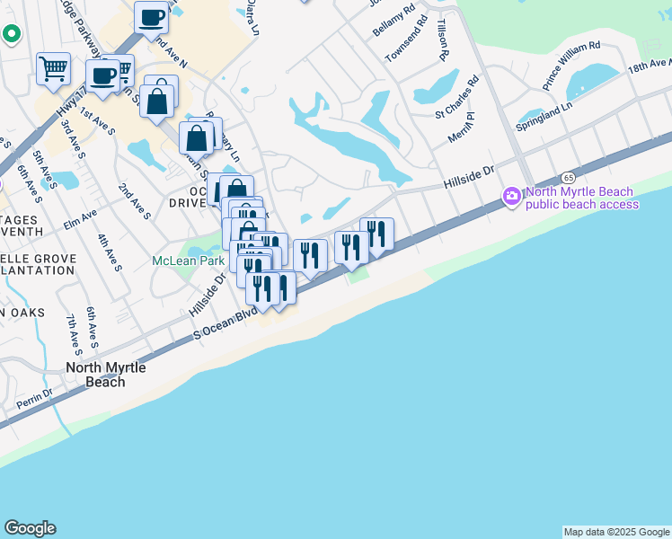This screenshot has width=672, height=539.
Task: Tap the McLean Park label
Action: pos(187,261)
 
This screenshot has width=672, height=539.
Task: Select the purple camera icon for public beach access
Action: pos(512,195)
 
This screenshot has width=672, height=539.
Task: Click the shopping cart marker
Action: pos(53,68)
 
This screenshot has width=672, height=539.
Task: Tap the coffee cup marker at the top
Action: pos(152,17)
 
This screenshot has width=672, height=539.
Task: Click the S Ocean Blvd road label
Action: pos(225,325)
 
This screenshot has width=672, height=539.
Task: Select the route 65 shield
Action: pos(570,178)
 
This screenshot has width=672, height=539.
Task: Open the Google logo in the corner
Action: pos(30,528)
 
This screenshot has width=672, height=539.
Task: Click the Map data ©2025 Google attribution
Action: pos(616,532)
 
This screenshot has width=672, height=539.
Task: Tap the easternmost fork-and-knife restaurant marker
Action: pos(376,234)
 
